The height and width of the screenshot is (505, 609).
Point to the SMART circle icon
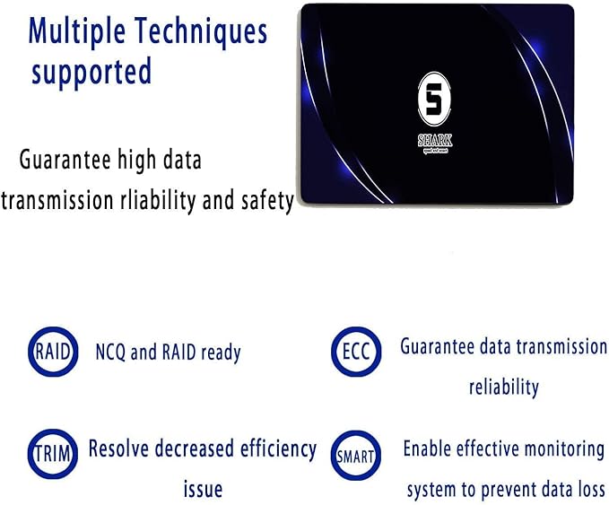coord(356,457)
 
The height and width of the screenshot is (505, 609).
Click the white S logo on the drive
coord(434,99)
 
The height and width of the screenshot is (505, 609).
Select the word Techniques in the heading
coord(203,32)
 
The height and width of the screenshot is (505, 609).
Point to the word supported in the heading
coord(91,72)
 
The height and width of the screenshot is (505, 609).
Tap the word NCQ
coord(111,353)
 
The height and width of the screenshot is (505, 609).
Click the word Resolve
coord(120,448)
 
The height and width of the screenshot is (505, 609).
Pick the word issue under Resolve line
coord(202,490)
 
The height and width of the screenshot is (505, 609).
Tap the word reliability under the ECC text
coord(503,387)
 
